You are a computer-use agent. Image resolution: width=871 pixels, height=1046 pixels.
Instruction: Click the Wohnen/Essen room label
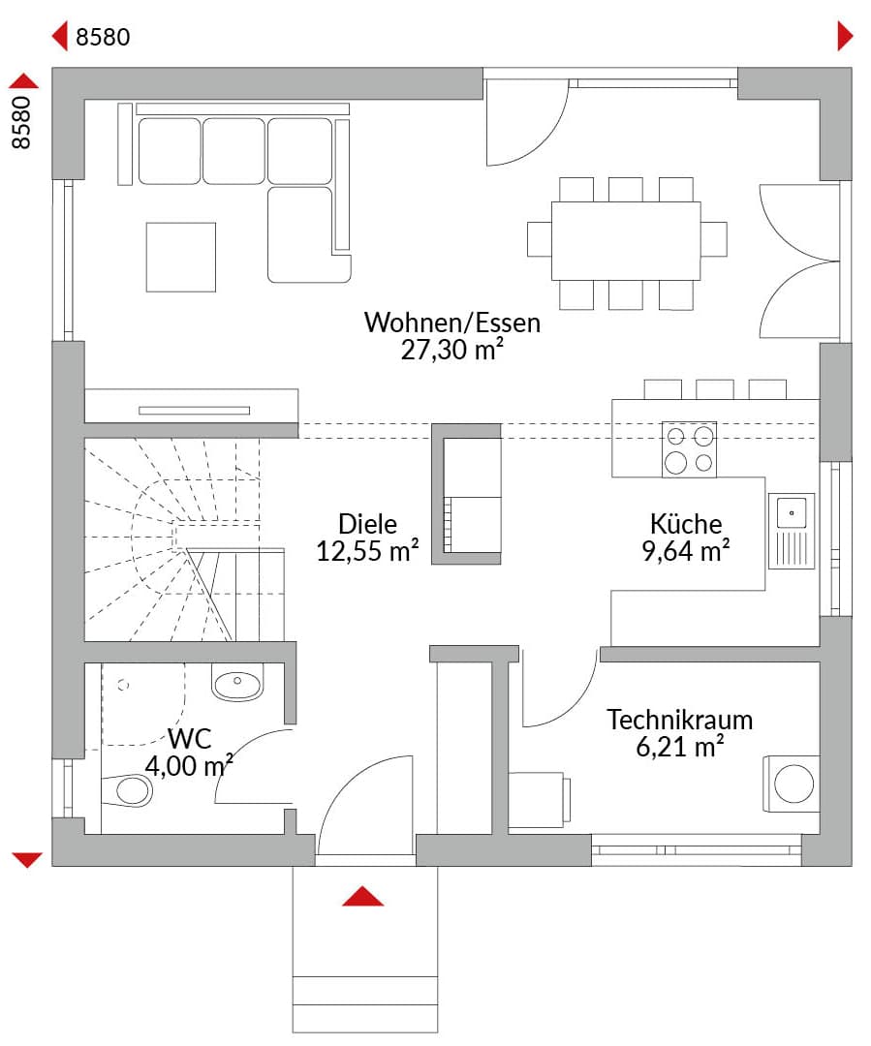451,323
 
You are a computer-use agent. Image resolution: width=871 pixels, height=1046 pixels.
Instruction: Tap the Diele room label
367,524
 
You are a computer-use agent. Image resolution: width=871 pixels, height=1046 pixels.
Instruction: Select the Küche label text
686,524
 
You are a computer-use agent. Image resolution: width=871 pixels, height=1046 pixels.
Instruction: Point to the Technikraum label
679,720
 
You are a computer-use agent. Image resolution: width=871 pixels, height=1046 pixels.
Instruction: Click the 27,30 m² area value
451,350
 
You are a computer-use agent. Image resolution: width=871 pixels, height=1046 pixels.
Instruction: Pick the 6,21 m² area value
679,747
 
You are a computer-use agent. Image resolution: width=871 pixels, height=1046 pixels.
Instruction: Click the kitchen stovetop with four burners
689,449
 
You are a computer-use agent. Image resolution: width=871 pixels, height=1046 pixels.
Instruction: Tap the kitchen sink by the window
792,531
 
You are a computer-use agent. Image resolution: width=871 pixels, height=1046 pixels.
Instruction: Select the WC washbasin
237,682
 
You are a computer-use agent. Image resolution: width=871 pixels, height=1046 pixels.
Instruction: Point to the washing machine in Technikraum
792,784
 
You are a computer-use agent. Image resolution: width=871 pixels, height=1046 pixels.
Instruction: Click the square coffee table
181,257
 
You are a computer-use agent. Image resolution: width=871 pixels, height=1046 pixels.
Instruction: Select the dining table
626,240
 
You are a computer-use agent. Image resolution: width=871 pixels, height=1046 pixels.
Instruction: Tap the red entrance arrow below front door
362,897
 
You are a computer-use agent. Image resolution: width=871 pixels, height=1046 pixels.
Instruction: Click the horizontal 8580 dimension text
103,37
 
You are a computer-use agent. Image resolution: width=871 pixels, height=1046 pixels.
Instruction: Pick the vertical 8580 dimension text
21,122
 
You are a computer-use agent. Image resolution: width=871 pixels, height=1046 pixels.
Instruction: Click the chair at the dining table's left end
540,239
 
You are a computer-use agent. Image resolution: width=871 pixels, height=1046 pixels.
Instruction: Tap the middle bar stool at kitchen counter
715,389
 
